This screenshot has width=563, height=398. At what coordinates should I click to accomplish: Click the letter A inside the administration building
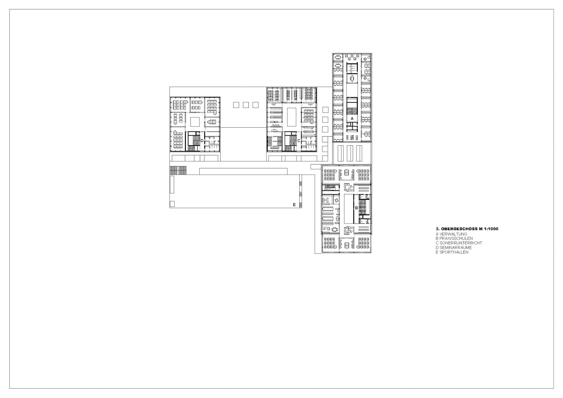tap(352, 118)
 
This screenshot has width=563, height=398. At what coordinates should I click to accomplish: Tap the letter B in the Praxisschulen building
tap(356, 208)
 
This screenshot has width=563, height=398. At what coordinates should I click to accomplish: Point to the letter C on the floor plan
tap(299, 141)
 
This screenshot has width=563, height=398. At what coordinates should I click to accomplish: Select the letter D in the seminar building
tap(202, 141)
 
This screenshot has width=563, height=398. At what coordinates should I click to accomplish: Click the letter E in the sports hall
tap(294, 205)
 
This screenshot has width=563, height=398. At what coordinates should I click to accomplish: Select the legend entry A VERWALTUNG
tap(451, 234)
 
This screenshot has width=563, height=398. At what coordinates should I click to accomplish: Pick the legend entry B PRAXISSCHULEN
tap(454, 238)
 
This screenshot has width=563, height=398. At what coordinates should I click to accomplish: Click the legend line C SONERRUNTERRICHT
tap(459, 243)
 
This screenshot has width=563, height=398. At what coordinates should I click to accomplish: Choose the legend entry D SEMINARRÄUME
tap(454, 247)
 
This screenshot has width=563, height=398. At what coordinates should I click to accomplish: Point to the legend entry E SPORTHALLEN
tap(452, 252)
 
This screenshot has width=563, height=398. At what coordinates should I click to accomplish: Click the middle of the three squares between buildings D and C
tap(246, 105)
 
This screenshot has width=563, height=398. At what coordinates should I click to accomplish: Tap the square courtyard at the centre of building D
tap(195, 121)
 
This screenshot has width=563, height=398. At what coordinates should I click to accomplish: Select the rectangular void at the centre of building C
tap(291, 117)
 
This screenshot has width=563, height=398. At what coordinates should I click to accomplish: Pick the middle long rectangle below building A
tap(350, 153)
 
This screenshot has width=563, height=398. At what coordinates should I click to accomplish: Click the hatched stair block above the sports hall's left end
tap(178, 170)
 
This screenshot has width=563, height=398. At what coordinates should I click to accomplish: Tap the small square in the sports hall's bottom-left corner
tap(172, 204)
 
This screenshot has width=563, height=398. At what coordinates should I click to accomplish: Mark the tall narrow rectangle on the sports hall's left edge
tap(172, 184)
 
